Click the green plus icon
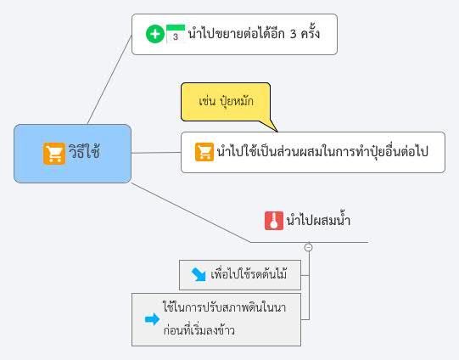coord(155,34)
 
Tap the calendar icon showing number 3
coord(176,34)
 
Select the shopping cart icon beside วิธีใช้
coord(54,154)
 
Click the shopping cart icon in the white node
coord(204,152)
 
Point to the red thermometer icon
coord(274,221)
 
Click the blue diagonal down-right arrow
coord(199,274)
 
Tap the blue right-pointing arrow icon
coord(152,319)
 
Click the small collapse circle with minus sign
coord(308,247)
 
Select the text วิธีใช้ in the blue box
coord(84,151)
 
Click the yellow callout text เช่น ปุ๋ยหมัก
coord(226,101)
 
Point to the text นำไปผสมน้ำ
coord(318,220)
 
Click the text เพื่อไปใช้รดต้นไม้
coord(249,274)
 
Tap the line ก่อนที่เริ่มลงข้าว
coord(199,330)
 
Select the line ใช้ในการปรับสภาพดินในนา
coord(225,307)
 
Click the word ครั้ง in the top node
coord(311,33)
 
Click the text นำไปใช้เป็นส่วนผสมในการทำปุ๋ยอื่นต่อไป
coord(322,151)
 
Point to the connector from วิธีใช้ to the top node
coord(109,80)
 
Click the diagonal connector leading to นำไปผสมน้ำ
coord(191,212)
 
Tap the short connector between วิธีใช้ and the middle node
coord(156,153)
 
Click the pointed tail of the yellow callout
coord(277,132)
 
